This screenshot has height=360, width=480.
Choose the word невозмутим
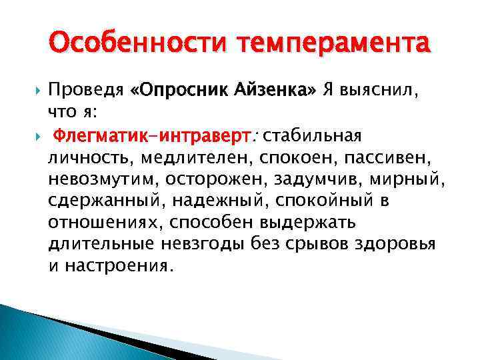click(95, 180)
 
